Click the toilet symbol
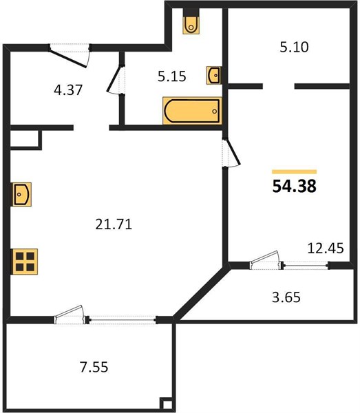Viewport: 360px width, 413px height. (x=191, y=24)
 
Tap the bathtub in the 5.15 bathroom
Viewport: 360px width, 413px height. (x=192, y=111)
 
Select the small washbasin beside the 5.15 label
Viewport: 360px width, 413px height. (x=214, y=75)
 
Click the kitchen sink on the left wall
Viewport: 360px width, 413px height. (x=21, y=194)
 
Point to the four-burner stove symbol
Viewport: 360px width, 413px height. (x=25, y=262)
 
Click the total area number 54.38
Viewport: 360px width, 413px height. (x=294, y=187)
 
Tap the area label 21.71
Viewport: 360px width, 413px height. (x=114, y=224)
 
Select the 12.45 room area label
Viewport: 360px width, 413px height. (x=326, y=248)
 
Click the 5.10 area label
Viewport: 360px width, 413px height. (x=294, y=47)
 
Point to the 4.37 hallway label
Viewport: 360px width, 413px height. (x=68, y=89)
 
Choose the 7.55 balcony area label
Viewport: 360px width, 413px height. (x=94, y=367)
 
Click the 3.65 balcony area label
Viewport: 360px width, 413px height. (x=286, y=297)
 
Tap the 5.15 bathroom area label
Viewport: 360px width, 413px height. (x=171, y=76)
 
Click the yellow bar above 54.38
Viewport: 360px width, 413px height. (x=295, y=172)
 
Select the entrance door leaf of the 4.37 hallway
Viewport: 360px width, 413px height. (x=69, y=59)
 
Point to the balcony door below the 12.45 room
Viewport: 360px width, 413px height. (x=266, y=260)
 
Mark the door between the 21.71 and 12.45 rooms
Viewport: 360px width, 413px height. (x=231, y=153)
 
